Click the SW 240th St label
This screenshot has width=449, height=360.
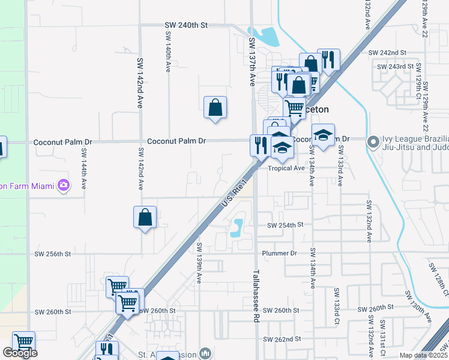pos(186,25)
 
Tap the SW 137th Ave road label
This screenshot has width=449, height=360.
pos(252,61)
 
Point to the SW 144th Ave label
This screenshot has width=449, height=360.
pos(83,166)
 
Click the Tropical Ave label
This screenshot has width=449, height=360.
pos(286,169)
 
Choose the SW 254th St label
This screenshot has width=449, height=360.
pos(282,225)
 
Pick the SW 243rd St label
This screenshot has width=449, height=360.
pos(395,67)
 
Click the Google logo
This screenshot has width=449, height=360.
pos(20,353)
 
